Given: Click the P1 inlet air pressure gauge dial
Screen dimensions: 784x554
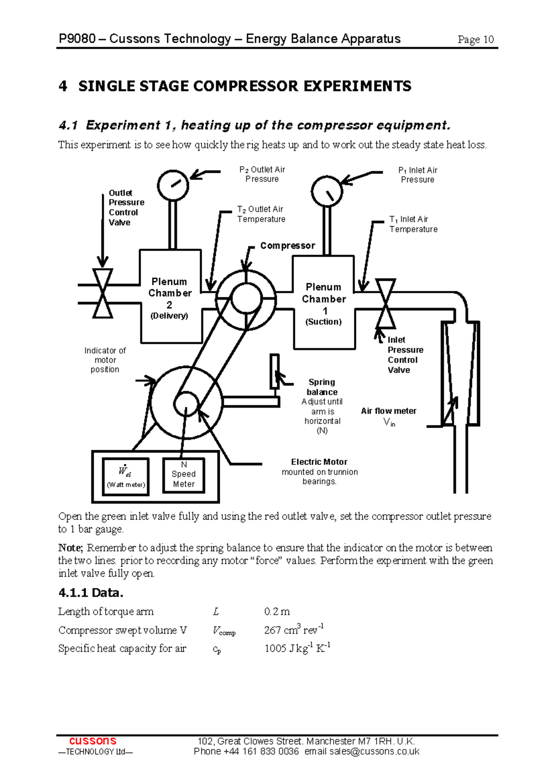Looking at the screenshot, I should coord(327,191).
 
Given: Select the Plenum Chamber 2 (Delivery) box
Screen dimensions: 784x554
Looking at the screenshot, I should coord(170,297).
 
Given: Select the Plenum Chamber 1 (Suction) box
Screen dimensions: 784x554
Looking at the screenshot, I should coord(324,303).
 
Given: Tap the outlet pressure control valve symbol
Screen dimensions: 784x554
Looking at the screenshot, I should coord(102,293).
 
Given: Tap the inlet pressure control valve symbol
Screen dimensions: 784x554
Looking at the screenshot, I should coord(385,303).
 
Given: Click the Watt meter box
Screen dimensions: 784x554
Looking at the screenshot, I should coord(126,476).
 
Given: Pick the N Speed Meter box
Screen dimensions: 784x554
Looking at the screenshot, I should coord(184,475).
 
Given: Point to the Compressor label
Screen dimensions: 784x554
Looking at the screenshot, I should coord(288,246).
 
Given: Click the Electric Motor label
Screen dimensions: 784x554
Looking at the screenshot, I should coord(319,462).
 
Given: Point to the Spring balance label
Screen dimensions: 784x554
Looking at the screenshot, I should coord(322,387).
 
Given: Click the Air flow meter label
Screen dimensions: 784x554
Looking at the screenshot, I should coord(389,411).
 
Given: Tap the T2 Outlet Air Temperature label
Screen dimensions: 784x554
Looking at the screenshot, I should coord(261,214).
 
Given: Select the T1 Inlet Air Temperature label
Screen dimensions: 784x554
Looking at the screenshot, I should coord(413,224).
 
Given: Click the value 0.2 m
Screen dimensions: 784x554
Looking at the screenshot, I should coord(277,612).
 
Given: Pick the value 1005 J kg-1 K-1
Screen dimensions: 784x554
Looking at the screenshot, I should coord(297,648).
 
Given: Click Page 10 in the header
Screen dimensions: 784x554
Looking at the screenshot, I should coord(476,40).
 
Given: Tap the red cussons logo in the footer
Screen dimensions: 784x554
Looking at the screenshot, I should coord(93,741).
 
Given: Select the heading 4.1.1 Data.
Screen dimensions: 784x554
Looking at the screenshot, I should coord(91,592).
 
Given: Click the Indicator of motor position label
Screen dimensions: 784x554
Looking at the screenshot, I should coord(105,360).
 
